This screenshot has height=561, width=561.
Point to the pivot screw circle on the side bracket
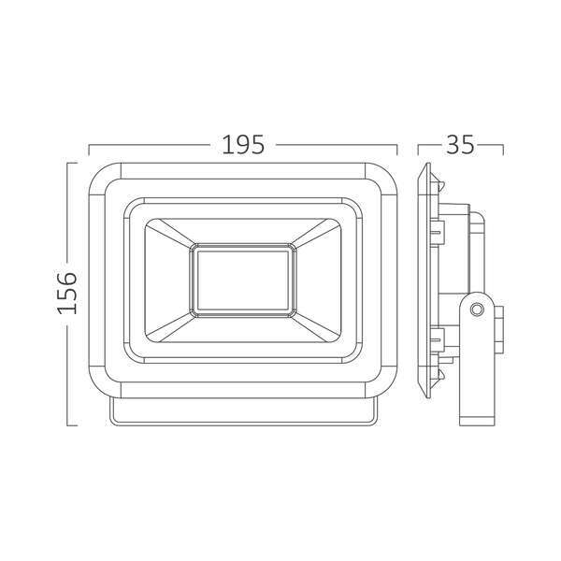[x=477, y=307]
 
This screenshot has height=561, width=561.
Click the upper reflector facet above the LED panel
[x=244, y=229]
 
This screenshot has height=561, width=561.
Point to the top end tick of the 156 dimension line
[x=67, y=164]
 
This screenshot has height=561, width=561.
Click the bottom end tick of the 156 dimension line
[x=67, y=426]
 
